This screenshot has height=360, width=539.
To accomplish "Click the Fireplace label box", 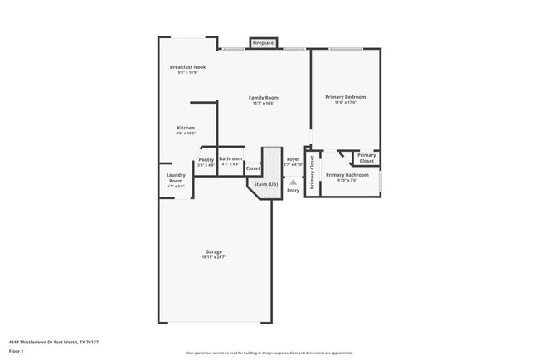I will pyautogui.click(x=263, y=42).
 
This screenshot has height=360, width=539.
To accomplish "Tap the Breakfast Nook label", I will pyautogui.click(x=187, y=66).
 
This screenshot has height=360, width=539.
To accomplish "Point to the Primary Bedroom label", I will pyautogui.click(x=344, y=97).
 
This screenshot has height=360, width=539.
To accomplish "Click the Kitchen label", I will pyautogui.click(x=185, y=128).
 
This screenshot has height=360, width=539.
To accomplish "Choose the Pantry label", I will pyautogui.click(x=206, y=159).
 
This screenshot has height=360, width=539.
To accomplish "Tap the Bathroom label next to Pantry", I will pyautogui.click(x=231, y=158).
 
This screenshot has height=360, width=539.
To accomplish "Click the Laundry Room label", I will pyautogui.click(x=175, y=178).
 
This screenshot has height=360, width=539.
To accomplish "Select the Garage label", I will pyautogui.click(x=214, y=251).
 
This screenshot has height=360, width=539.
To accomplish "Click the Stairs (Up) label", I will pyautogui.click(x=265, y=183).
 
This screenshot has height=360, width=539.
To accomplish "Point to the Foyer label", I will pyautogui.click(x=293, y=158).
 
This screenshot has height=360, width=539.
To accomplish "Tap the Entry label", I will pyautogui.click(x=293, y=191).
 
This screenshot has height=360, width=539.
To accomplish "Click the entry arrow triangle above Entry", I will pyautogui.click(x=293, y=182).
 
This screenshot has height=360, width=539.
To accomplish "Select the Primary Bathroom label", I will pyautogui.click(x=347, y=175).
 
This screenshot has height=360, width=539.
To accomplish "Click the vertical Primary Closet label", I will pyautogui.click(x=312, y=173).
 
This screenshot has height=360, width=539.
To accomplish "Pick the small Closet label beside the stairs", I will pyautogui.click(x=253, y=168).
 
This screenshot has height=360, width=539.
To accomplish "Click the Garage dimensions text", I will pyautogui.click(x=214, y=258).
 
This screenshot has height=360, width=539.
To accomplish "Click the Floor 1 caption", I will pyautogui.click(x=17, y=351).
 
